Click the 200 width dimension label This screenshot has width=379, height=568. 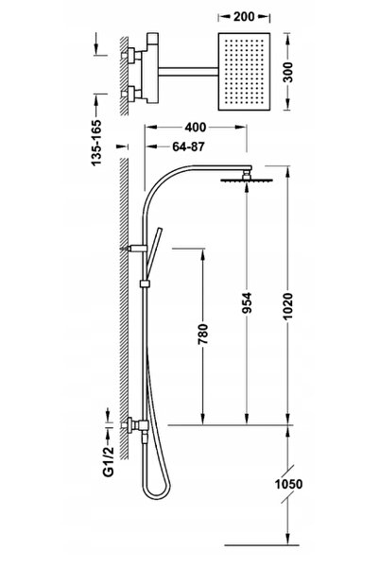pos(244,17)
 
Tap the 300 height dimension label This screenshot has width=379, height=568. pos(288,73)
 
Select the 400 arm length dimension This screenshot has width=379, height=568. pos(196,128)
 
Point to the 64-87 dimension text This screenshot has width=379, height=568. pos(188,146)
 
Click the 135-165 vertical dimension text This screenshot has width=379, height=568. pos(96,143)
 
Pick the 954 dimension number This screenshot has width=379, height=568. pos(247,302)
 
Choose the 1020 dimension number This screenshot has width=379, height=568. pos(288,306)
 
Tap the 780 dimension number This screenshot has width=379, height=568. pos(203,334)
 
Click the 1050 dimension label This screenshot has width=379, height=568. pos(288,484)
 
